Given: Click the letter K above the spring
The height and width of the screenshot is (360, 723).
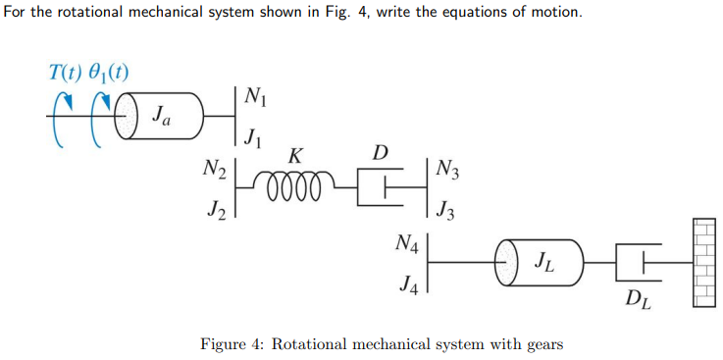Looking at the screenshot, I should coord(295,156).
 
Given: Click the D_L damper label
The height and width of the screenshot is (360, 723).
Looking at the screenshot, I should coord(639,296).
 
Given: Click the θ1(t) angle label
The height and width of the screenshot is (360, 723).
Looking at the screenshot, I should coord(111,72).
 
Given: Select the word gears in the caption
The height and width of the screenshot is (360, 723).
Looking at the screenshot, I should coord(541,344).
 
